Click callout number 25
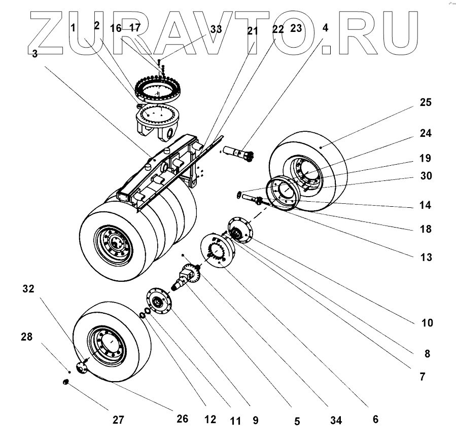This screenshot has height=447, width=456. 425,103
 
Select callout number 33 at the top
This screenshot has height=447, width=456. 216,29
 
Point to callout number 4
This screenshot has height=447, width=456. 325,28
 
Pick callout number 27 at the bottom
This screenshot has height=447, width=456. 118,420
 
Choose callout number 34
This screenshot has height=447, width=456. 336,420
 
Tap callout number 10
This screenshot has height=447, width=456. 427,323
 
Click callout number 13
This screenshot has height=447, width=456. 426,257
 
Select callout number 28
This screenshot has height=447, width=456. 27,337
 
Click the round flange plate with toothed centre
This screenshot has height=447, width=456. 219,250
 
